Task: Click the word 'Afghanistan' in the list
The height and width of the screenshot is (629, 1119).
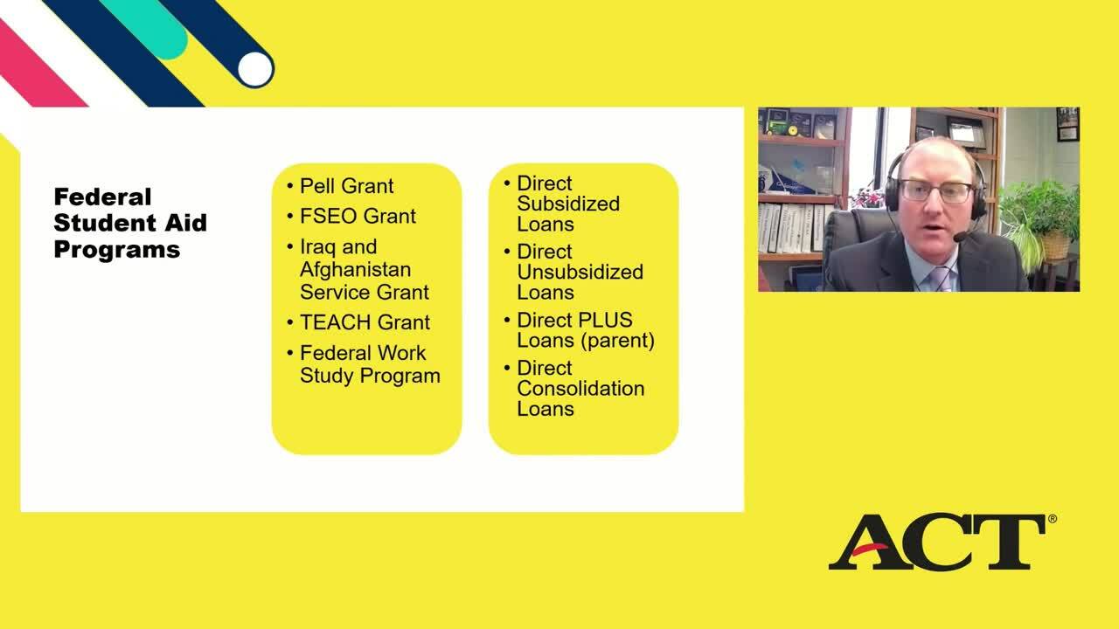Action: point(355,270)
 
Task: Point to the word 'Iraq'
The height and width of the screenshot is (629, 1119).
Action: point(317,247)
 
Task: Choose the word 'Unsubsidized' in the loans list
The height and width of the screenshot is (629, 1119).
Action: point(580,272)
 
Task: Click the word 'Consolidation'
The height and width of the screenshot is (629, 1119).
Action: point(580,389)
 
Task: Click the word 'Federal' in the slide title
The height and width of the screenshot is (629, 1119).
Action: point(102,197)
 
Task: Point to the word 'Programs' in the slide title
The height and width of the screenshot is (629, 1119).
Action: point(117,250)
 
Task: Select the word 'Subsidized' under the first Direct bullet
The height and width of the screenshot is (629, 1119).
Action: point(568,204)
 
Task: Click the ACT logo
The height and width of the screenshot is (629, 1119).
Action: point(942,543)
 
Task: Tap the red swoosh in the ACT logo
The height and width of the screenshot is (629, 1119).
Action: point(870,550)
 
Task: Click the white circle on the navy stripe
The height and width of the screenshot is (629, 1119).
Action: point(255,69)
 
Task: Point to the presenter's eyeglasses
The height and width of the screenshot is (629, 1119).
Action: point(935,191)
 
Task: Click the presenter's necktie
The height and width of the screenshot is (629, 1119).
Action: point(942,280)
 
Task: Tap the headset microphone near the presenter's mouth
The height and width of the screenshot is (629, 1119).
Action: point(960,237)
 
